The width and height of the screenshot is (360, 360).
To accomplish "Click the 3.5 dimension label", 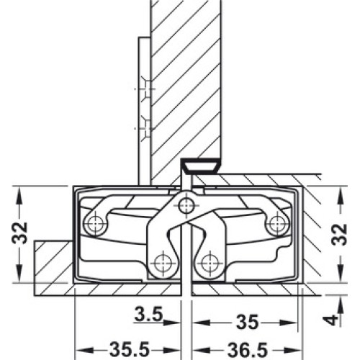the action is coord(149,315).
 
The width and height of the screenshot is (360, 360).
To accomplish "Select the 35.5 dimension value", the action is coord(130,351).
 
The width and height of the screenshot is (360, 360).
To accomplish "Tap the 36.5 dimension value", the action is coord(248,351).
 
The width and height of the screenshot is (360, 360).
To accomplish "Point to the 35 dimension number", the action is coord(248,323).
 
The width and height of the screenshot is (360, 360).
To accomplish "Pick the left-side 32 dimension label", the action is coord(20,233).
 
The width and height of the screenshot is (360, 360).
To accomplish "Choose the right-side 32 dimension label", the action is coord(339,235).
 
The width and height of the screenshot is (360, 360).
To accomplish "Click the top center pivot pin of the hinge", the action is coord(186,206).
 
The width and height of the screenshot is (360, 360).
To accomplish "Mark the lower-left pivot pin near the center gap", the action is coord(163,263).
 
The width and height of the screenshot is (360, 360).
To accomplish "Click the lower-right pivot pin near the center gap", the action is coord(210,263).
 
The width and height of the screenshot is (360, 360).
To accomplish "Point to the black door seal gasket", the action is coord(200,166).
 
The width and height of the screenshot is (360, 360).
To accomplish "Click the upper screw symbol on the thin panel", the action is coord(146,89).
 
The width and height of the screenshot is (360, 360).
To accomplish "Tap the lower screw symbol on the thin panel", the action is coord(146,128).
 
